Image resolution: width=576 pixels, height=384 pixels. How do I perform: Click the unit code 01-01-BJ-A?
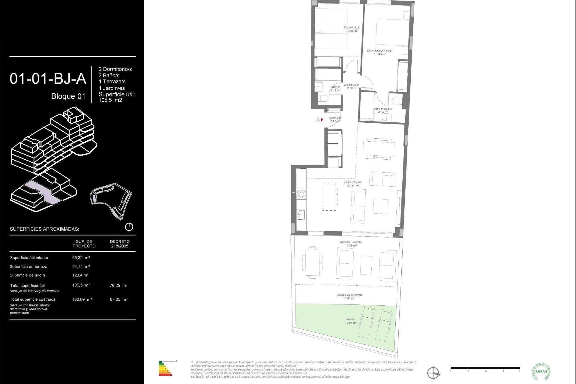(x=48, y=79)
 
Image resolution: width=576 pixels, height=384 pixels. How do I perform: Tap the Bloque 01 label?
(x=68, y=96)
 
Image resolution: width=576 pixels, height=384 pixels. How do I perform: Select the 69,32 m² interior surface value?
(x=81, y=258)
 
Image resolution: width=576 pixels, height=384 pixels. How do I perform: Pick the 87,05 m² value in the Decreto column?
(x=118, y=299)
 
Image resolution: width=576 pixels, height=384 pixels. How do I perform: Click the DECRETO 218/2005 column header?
(x=120, y=244)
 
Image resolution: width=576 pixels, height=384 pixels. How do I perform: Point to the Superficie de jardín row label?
(x=27, y=275)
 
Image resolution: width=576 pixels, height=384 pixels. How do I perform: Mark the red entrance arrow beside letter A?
(x=322, y=120)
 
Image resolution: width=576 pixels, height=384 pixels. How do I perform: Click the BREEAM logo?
(x=541, y=371)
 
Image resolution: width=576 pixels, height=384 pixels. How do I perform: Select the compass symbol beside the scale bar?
(x=433, y=373)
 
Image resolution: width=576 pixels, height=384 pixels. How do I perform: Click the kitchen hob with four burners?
(x=301, y=194)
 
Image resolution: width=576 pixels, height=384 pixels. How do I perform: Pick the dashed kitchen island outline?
(x=329, y=196)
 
